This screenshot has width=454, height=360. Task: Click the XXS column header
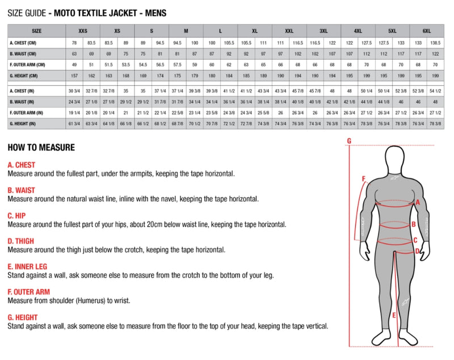coord(82,31)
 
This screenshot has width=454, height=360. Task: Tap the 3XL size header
coord(323,31)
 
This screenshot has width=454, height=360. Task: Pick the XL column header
coord(255,31)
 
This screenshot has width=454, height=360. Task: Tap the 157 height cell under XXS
coord(74,75)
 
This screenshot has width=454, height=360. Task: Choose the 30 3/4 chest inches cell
coord(74,91)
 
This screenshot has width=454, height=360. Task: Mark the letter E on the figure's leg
coord(394,315)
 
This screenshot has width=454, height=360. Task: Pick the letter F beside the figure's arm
coord(363,180)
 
